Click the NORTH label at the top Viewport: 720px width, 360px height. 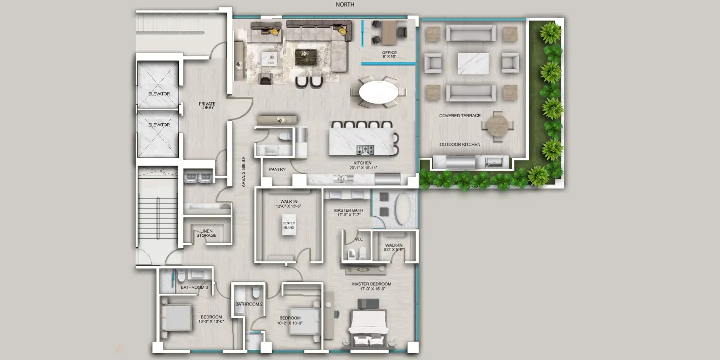(x=345, y=5)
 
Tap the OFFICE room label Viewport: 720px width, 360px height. (x=389, y=53)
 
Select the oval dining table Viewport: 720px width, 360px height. (x=379, y=92)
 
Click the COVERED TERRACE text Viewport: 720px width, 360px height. (x=460, y=116)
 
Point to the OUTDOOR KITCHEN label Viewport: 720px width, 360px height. (x=460, y=145)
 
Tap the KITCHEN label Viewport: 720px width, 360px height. (x=363, y=163)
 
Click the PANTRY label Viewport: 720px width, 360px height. (x=277, y=169)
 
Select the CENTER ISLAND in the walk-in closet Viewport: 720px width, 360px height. (x=289, y=225)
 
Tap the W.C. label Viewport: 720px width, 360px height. (x=359, y=239)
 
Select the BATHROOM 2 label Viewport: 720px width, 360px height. (x=249, y=304)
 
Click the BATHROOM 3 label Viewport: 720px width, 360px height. (x=194, y=287)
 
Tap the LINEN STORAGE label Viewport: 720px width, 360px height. (x=206, y=233)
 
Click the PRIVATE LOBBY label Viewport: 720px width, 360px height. (x=207, y=106)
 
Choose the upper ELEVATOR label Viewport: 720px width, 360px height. (x=159, y=94)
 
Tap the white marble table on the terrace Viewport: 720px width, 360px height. (x=473, y=64)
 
